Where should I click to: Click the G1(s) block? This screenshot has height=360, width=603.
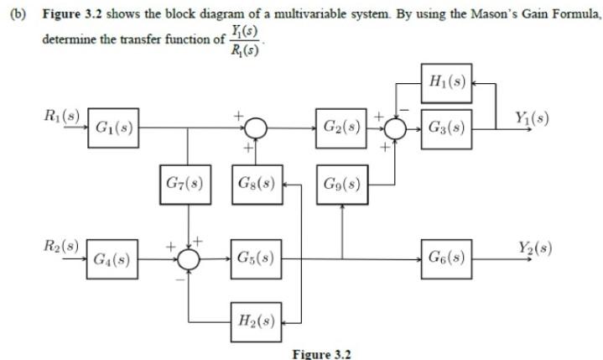(112, 128)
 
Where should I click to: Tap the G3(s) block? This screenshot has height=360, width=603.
(445, 128)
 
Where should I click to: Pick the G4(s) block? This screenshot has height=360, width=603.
(112, 258)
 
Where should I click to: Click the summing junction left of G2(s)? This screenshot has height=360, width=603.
(255, 128)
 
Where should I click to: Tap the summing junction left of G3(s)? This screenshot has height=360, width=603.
(395, 128)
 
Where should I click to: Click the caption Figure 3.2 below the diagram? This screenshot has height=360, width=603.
(321, 353)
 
